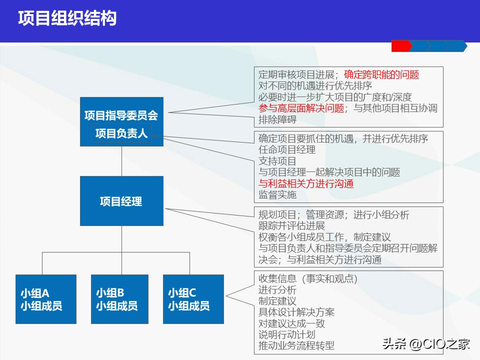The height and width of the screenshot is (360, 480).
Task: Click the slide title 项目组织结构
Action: (67, 18)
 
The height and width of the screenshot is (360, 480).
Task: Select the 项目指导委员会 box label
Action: (121, 115)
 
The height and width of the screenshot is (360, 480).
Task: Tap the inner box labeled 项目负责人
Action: (121, 133)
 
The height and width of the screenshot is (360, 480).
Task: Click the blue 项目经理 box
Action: (121, 201)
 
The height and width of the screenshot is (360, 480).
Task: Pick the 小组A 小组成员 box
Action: (46, 299)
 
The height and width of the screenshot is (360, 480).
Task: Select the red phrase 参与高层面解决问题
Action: (301, 108)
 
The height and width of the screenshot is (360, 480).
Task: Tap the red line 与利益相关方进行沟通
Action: (306, 183)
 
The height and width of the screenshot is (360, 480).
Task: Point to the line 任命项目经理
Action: (287, 149)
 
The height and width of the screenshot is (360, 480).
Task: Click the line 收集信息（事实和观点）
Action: (308, 279)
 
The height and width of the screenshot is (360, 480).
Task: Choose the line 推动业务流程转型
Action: (296, 345)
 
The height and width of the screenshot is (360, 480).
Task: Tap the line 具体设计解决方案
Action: (296, 312)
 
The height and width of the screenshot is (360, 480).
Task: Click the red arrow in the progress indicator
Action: (401, 46)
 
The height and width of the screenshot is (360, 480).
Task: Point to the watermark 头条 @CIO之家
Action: (426, 344)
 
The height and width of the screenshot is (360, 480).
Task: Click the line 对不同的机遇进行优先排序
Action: (315, 86)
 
